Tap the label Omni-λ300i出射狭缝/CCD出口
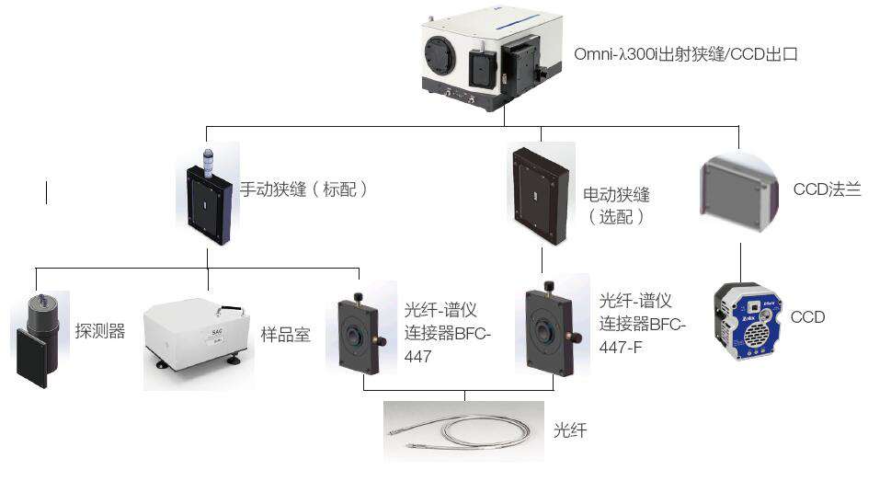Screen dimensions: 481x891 [x=685, y=55]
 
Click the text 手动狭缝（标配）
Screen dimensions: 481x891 [x=304, y=189]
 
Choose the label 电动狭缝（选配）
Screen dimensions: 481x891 [x=617, y=206]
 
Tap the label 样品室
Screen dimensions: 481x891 [x=286, y=335]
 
